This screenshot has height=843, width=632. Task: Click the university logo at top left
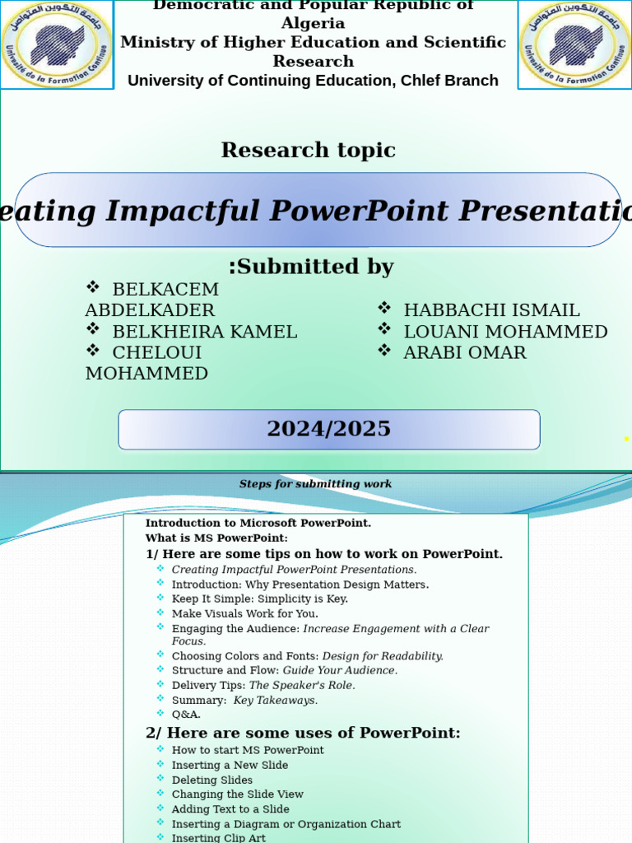[57, 44]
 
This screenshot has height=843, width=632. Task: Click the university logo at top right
[575, 44]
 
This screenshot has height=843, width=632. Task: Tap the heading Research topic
[308, 151]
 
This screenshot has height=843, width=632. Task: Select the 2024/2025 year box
[328, 430]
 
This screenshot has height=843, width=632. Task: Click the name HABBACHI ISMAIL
[491, 310]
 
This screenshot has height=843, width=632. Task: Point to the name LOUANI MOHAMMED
[505, 332]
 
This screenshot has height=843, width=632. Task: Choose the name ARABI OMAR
[464, 352]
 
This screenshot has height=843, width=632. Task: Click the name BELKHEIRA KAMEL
[204, 332]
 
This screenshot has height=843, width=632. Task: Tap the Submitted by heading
[311, 267]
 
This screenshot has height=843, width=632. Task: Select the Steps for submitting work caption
[315, 484]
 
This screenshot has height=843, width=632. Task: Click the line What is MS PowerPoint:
[216, 538]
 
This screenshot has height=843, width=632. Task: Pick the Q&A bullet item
[186, 715]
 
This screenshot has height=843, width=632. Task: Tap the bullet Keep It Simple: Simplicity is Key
[259, 598]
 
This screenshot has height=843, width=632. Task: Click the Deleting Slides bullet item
[211, 780]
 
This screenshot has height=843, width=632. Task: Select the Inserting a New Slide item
[230, 765]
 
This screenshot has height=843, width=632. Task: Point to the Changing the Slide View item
[237, 794]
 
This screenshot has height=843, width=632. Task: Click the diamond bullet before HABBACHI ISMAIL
[384, 308]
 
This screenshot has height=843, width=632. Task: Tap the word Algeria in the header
[313, 23]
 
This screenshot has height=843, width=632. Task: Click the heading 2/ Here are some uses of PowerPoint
[303, 733]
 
